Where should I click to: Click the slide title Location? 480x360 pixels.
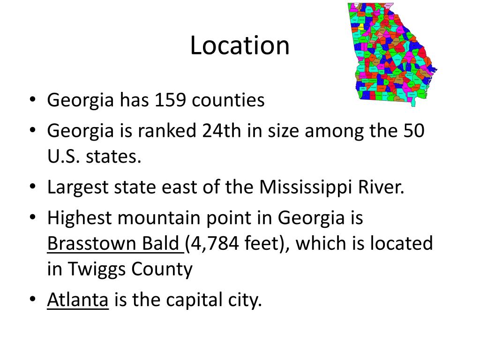240,45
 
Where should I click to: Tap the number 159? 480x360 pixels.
172,100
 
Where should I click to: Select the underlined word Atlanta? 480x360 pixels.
78,300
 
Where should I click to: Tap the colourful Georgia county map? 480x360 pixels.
393,52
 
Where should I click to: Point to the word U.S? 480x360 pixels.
63,157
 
